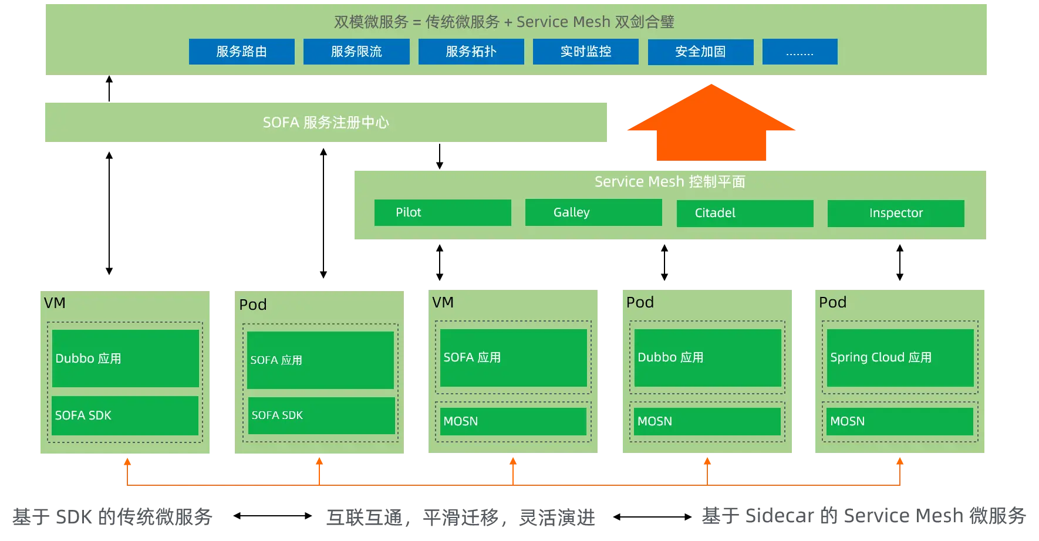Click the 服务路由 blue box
(241, 52)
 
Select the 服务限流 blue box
(356, 52)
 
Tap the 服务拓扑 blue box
(471, 52)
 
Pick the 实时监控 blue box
(585, 52)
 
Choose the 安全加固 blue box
(700, 52)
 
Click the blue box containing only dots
(800, 52)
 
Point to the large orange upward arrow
(711, 126)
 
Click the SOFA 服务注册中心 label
(326, 122)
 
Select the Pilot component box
(443, 212)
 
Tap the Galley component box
(593, 212)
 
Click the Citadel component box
(745, 213)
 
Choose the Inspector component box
(896, 213)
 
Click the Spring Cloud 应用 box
(900, 357)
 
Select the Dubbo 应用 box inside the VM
(125, 358)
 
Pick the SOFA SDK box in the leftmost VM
(125, 415)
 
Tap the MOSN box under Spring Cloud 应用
(899, 421)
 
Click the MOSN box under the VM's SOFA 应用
(513, 421)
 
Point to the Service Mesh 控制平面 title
(670, 182)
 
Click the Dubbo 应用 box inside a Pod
(707, 357)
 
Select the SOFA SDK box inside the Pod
(321, 415)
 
